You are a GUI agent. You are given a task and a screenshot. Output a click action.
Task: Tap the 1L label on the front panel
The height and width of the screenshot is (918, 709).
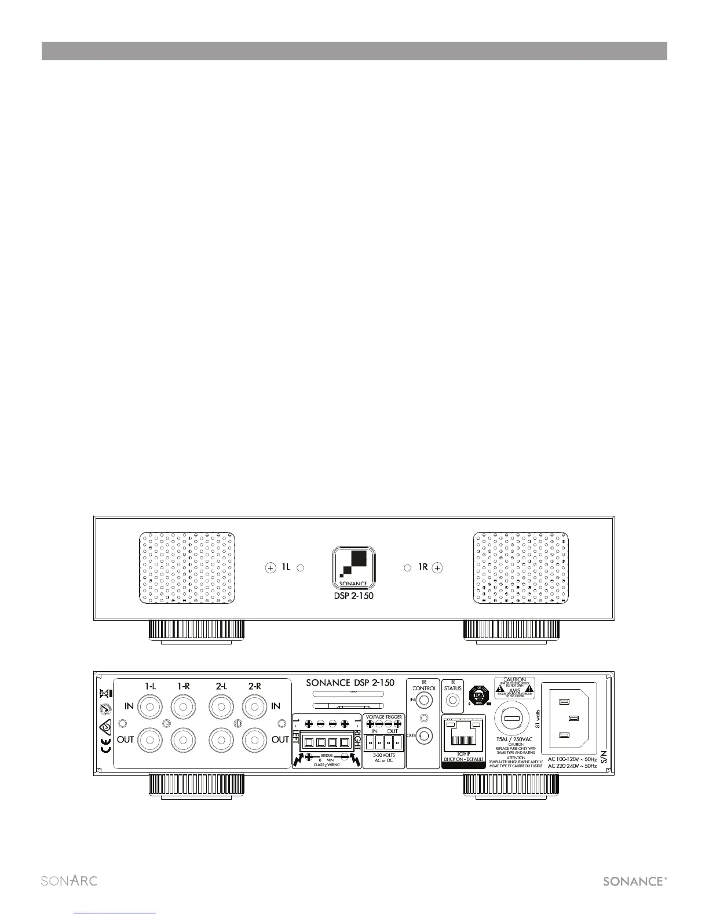[x=286, y=567]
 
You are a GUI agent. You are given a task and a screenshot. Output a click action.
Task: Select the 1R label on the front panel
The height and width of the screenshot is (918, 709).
[x=423, y=567]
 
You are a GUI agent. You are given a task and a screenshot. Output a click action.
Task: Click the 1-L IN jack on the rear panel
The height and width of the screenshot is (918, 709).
[x=150, y=708]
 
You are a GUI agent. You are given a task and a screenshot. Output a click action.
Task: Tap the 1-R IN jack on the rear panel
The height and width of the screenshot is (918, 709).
[x=183, y=708]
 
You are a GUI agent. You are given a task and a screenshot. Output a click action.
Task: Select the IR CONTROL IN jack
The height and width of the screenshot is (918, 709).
[x=425, y=701]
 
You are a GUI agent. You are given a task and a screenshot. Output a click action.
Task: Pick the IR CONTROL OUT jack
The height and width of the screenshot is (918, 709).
[x=425, y=735]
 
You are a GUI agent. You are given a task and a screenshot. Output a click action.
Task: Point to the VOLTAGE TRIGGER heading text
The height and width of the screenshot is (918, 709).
[x=384, y=717]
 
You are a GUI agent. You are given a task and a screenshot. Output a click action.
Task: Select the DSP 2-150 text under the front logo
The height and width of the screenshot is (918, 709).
[x=353, y=596]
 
